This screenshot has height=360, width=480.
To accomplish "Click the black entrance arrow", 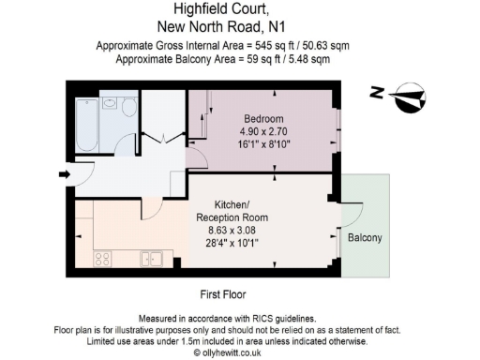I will pos(63,174).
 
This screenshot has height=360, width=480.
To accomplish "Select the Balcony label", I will pos(365,238).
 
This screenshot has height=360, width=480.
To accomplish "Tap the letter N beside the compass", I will pos(377,92).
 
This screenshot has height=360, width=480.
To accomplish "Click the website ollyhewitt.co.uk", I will pos(230,353).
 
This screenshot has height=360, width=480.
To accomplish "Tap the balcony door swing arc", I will pos(351,216).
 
